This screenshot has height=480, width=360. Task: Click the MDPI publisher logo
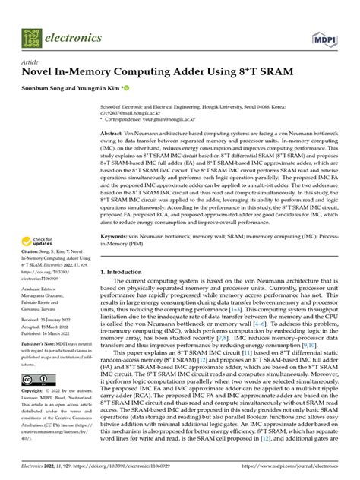[325, 36]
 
